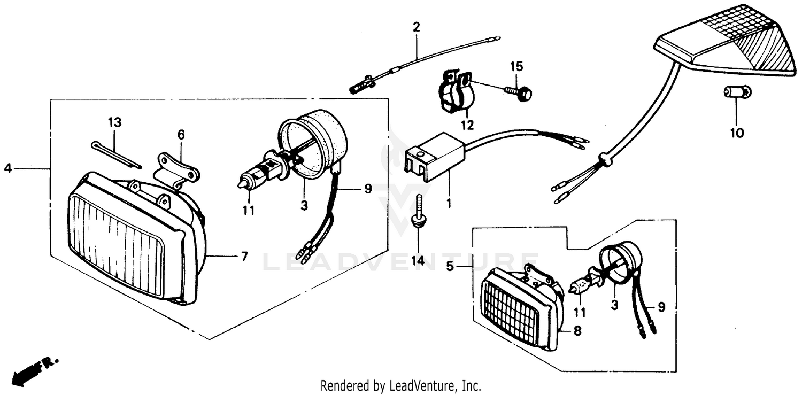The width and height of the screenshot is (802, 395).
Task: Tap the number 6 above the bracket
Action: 181,135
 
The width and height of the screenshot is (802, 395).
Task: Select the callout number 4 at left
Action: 7,168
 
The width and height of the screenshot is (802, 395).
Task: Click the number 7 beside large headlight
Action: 244,257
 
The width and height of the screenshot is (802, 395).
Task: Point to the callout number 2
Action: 417,27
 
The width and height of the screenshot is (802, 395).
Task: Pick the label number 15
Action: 516,67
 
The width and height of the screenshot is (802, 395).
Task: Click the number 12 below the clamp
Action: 467,126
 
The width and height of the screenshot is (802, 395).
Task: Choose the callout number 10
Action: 737,133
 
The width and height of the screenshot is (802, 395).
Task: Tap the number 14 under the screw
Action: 418,261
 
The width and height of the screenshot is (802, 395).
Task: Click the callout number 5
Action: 450,266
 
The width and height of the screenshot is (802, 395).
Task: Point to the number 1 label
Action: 449,204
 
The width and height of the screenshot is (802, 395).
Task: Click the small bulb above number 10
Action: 737,92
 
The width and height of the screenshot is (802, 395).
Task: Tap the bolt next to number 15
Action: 517,92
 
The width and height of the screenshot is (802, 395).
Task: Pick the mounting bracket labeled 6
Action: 177,170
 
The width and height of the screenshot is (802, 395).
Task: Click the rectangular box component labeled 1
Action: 435,152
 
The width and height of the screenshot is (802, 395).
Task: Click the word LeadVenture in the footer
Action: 422,385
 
